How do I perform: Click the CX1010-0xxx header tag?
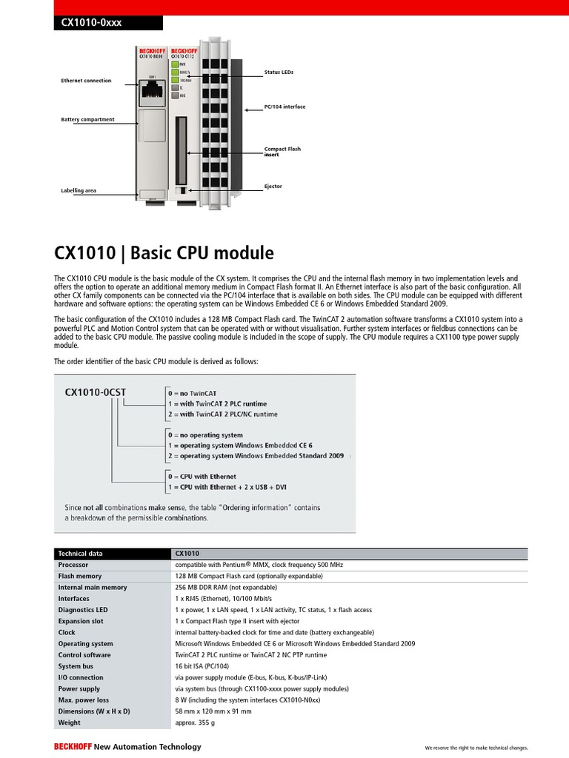click(88, 23)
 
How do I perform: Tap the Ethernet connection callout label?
click(86, 80)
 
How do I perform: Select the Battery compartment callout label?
click(87, 119)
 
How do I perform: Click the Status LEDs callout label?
click(279, 72)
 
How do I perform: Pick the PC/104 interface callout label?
click(284, 107)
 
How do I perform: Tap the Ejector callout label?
click(273, 187)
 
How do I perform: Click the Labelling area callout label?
click(79, 190)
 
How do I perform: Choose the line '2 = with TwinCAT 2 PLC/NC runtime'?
click(223, 415)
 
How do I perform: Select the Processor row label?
click(73, 565)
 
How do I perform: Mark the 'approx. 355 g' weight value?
click(195, 722)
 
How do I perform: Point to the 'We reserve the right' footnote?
click(475, 748)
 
